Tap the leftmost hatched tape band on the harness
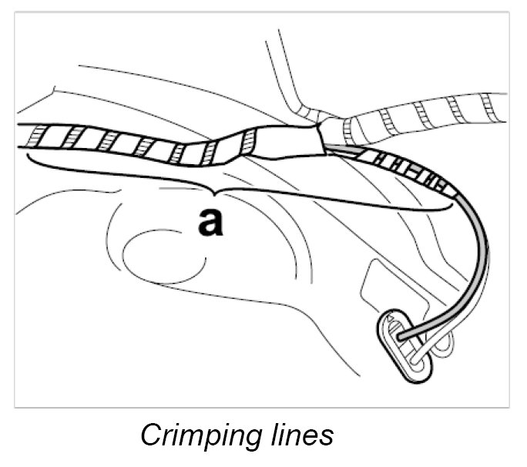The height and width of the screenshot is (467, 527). [34, 137]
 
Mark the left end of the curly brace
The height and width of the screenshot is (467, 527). [29, 157]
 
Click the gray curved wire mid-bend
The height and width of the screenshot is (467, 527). [481, 254]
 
